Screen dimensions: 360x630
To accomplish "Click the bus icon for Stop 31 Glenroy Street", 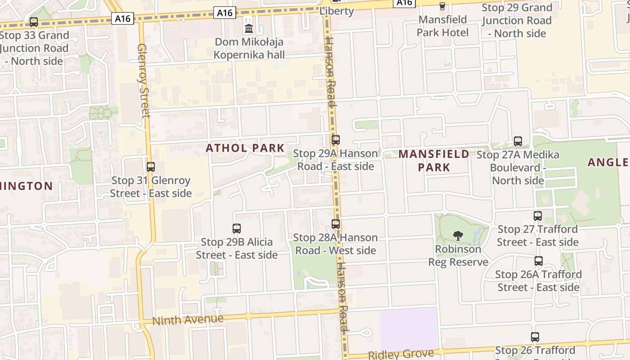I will [151, 167].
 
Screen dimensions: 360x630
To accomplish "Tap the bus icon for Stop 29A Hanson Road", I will [336, 140].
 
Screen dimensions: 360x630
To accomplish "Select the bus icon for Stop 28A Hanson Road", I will [336, 224].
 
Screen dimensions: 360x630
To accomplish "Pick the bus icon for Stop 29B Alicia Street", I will [237, 229].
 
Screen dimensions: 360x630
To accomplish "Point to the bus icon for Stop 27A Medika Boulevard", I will [518, 141].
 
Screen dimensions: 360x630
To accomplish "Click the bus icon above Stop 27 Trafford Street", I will [538, 216].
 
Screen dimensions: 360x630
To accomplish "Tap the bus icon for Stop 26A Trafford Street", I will [539, 261].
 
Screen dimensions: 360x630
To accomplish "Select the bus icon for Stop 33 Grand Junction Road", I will [34, 22].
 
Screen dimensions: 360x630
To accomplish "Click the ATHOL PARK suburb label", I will [245, 148].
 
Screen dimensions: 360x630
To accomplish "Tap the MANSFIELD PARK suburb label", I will [434, 161].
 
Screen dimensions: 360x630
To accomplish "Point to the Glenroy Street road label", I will [143, 81].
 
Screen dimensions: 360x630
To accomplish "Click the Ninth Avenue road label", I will [188, 320].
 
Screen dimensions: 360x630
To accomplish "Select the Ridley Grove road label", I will [401, 354].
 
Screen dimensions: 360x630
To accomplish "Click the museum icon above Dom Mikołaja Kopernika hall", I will [248, 29].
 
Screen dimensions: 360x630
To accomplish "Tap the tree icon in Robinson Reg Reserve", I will [458, 235].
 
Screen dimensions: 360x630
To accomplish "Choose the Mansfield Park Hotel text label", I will [442, 26].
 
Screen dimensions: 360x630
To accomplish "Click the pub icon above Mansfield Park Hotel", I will [442, 6].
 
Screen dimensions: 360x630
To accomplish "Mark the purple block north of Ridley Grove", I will [409, 330].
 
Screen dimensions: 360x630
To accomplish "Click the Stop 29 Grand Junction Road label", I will [517, 21].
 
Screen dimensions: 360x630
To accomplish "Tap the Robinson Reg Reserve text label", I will [458, 256].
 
